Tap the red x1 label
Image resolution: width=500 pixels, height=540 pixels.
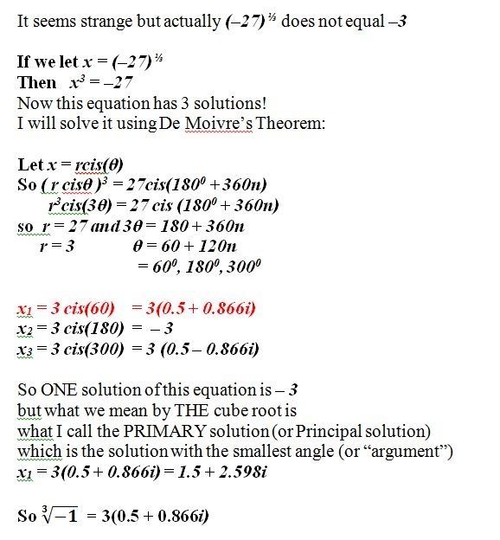point(25,307)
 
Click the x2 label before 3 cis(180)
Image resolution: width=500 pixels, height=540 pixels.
point(25,329)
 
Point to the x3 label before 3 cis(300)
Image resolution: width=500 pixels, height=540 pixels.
point(25,350)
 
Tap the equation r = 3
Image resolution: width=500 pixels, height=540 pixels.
point(57,246)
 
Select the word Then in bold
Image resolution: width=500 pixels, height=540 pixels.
point(36,83)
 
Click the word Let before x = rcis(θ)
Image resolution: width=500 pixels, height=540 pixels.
point(30,164)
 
